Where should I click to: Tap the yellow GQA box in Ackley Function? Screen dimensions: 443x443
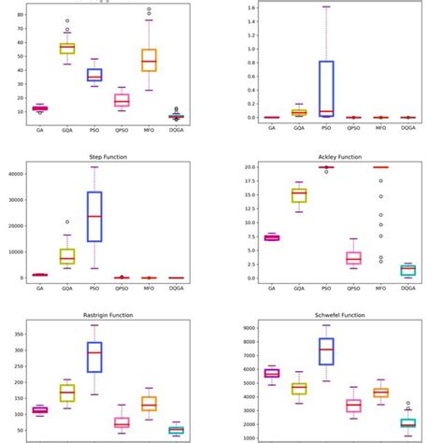[x=298, y=194]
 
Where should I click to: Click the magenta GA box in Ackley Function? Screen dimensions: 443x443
[x=271, y=237]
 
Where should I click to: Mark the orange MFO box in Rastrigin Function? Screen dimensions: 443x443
[x=149, y=403]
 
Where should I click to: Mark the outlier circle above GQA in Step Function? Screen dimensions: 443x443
[x=67, y=222]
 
